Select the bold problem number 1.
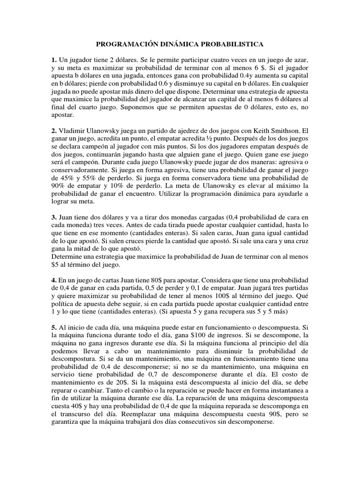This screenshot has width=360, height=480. click(54, 60)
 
